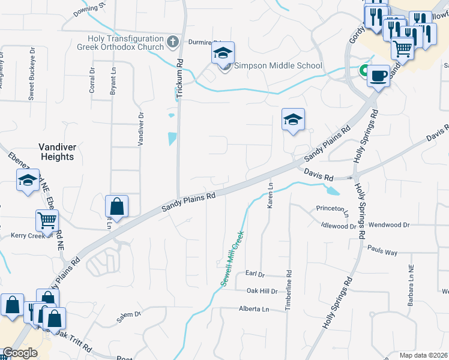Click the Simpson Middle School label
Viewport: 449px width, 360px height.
[x=278, y=66]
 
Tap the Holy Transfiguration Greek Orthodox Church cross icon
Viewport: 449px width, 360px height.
[x=173, y=42]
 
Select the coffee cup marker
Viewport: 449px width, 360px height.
[x=378, y=76]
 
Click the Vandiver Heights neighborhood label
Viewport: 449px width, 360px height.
[x=56, y=151]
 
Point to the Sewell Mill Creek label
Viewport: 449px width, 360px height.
[x=233, y=258]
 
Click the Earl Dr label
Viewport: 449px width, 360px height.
[x=255, y=274]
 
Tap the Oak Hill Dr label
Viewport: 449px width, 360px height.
[x=262, y=291]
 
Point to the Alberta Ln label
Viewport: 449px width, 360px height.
[x=255, y=309]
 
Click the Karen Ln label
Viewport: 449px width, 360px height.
[x=271, y=196]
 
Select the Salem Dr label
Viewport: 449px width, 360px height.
[x=128, y=316]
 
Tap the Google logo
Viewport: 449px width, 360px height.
[x=20, y=353]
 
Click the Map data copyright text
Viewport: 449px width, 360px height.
[x=424, y=355]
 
